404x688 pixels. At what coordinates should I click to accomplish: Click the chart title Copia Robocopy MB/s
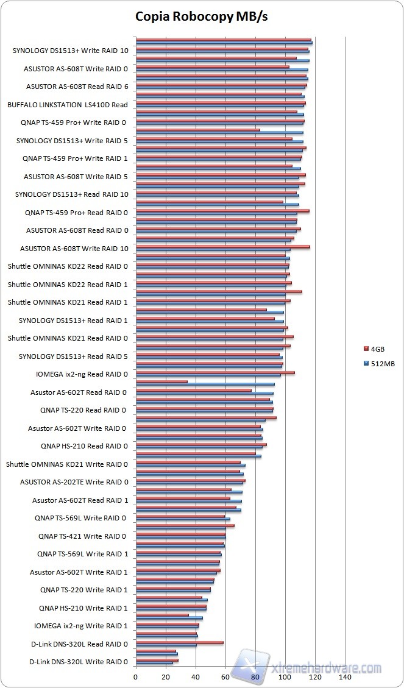click(x=202, y=16)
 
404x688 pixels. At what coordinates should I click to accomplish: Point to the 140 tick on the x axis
click(x=345, y=677)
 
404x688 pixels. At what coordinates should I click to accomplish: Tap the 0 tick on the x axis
click(x=136, y=677)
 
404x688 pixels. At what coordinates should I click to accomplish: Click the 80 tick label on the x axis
click(x=255, y=677)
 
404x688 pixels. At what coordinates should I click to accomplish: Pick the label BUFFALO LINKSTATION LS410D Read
click(x=68, y=105)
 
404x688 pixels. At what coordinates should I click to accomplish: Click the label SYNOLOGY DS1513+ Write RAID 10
click(x=70, y=51)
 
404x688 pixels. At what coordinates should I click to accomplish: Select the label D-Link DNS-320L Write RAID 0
click(x=79, y=662)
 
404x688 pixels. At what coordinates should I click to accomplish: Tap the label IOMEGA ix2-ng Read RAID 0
click(x=82, y=374)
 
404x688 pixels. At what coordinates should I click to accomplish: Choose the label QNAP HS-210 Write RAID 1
click(x=83, y=608)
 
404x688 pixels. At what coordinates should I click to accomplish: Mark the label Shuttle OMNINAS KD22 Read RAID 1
click(x=68, y=285)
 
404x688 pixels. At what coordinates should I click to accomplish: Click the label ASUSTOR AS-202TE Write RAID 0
click(x=74, y=482)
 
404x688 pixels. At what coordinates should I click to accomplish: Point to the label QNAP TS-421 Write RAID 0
click(x=83, y=536)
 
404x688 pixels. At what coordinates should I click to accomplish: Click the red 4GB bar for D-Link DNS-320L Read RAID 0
click(x=180, y=642)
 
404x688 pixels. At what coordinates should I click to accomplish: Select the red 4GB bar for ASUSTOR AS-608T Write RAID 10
click(x=223, y=247)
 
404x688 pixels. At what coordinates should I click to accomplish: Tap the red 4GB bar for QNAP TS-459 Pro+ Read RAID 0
click(x=222, y=211)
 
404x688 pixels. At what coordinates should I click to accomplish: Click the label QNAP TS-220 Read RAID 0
click(x=83, y=410)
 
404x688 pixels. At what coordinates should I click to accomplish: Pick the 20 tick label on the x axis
click(x=166, y=677)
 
